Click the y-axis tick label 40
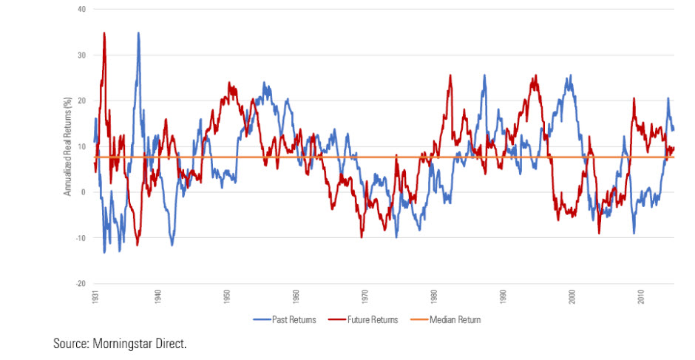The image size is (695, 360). click(x=81, y=10)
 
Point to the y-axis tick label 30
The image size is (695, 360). click(x=81, y=55)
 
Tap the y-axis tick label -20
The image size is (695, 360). click(x=80, y=284)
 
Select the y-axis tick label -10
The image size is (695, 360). click(x=80, y=238)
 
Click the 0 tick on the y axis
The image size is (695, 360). click(x=83, y=192)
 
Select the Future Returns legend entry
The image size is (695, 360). click(x=369, y=320)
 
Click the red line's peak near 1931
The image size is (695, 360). click(x=104, y=33)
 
